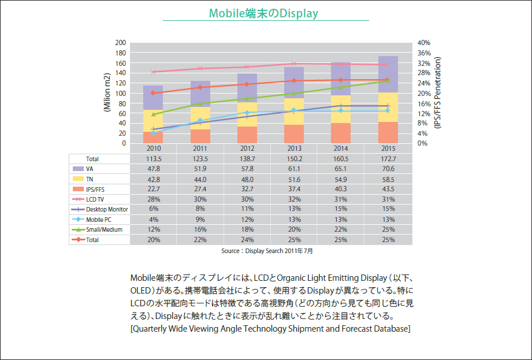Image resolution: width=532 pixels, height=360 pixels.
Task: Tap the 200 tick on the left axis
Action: pos(121,43)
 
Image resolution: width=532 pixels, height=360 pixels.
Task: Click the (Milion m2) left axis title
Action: pos(107,92)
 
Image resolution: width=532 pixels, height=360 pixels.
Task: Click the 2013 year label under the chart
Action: pos(293,149)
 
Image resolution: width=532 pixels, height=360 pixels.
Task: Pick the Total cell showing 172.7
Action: pos(388,159)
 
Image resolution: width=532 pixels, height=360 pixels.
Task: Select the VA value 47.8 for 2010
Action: pos(153,169)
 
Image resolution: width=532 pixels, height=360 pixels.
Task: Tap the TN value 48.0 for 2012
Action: pos(247,180)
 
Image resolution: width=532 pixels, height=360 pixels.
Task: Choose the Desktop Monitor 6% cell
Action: pos(153,209)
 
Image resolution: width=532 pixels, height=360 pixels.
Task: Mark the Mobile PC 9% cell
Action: pos(200,220)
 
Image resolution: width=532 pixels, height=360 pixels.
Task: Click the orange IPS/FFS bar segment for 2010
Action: pos(153,138)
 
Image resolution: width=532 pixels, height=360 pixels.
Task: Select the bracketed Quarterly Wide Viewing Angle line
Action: pos(270,329)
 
